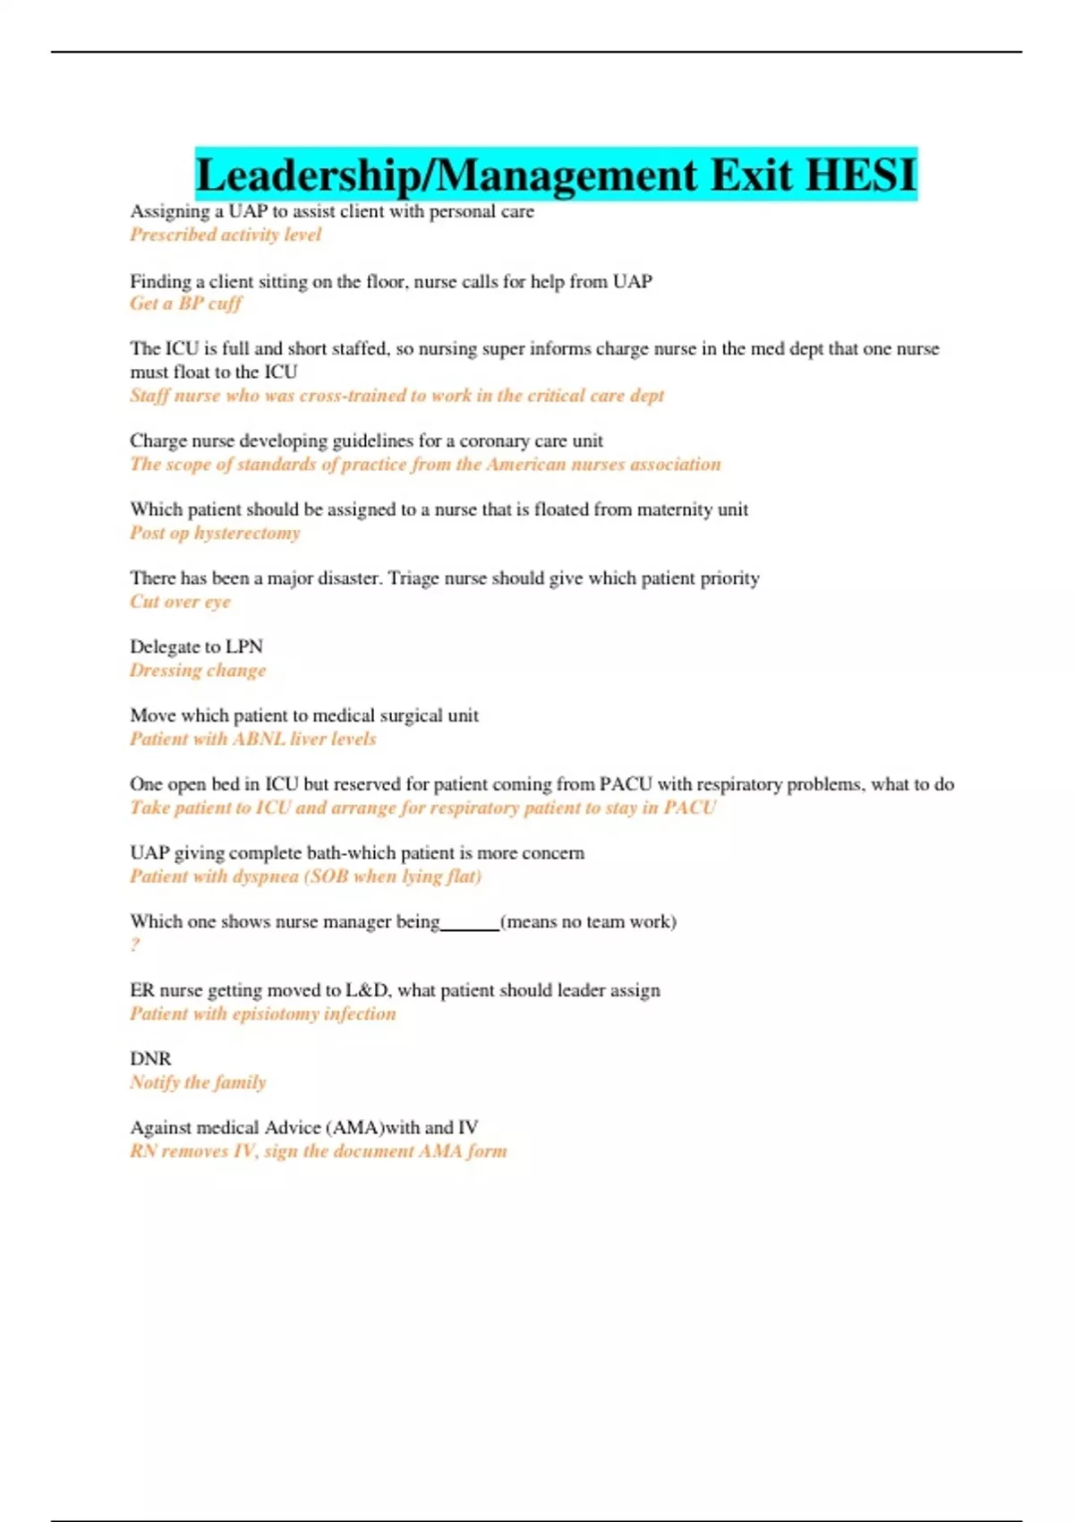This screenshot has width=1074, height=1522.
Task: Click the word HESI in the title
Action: pos(861,175)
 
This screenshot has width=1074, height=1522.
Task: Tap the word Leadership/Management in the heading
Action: pos(446,175)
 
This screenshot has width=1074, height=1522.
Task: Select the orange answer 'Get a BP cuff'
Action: pos(185,304)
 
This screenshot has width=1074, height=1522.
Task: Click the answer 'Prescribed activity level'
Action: pos(225,235)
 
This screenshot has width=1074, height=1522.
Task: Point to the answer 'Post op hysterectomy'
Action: pos(215,533)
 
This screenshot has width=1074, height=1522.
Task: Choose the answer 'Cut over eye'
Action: pos(180,602)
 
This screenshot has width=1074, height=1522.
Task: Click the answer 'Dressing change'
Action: pos(198,671)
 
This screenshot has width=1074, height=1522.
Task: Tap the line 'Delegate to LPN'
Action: pos(196,646)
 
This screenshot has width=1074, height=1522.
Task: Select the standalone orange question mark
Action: pos(135,945)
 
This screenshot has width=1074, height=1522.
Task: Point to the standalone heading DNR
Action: pos(150,1058)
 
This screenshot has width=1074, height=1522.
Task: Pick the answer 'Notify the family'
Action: pos(198,1082)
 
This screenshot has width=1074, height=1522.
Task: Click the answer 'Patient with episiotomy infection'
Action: pos(262,1013)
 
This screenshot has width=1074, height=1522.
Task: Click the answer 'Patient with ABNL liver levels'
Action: pos(252,739)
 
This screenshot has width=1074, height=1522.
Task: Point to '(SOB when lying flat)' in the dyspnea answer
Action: pos(393,876)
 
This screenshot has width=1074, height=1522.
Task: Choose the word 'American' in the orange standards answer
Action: pos(526,464)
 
